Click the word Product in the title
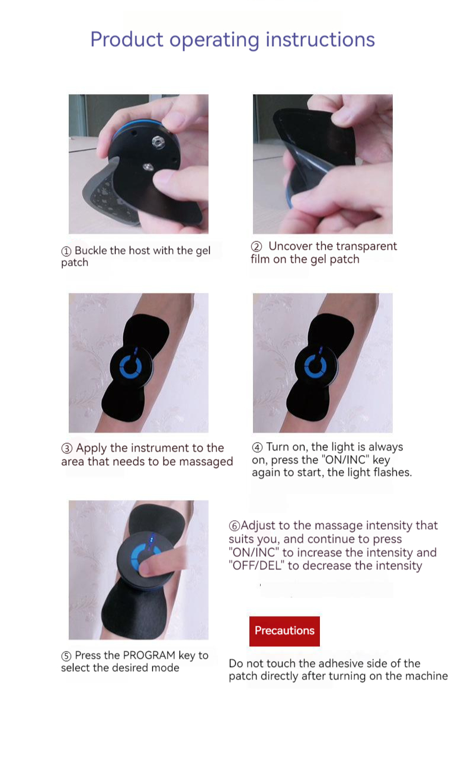[x=127, y=39]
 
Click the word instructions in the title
[x=320, y=39]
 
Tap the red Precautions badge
[x=284, y=632]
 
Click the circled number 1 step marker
[x=66, y=251]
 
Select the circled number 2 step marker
[x=257, y=246]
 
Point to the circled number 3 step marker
[x=66, y=449]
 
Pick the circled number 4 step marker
[x=257, y=447]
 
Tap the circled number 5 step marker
[x=66, y=656]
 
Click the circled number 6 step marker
[x=235, y=526]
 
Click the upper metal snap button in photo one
[x=158, y=142]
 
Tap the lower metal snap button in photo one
[x=148, y=167]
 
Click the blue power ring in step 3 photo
[x=130, y=367]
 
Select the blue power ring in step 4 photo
[x=315, y=367]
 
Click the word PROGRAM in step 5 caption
[x=149, y=655]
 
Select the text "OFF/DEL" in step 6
[x=257, y=566]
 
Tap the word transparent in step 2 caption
[x=366, y=246]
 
